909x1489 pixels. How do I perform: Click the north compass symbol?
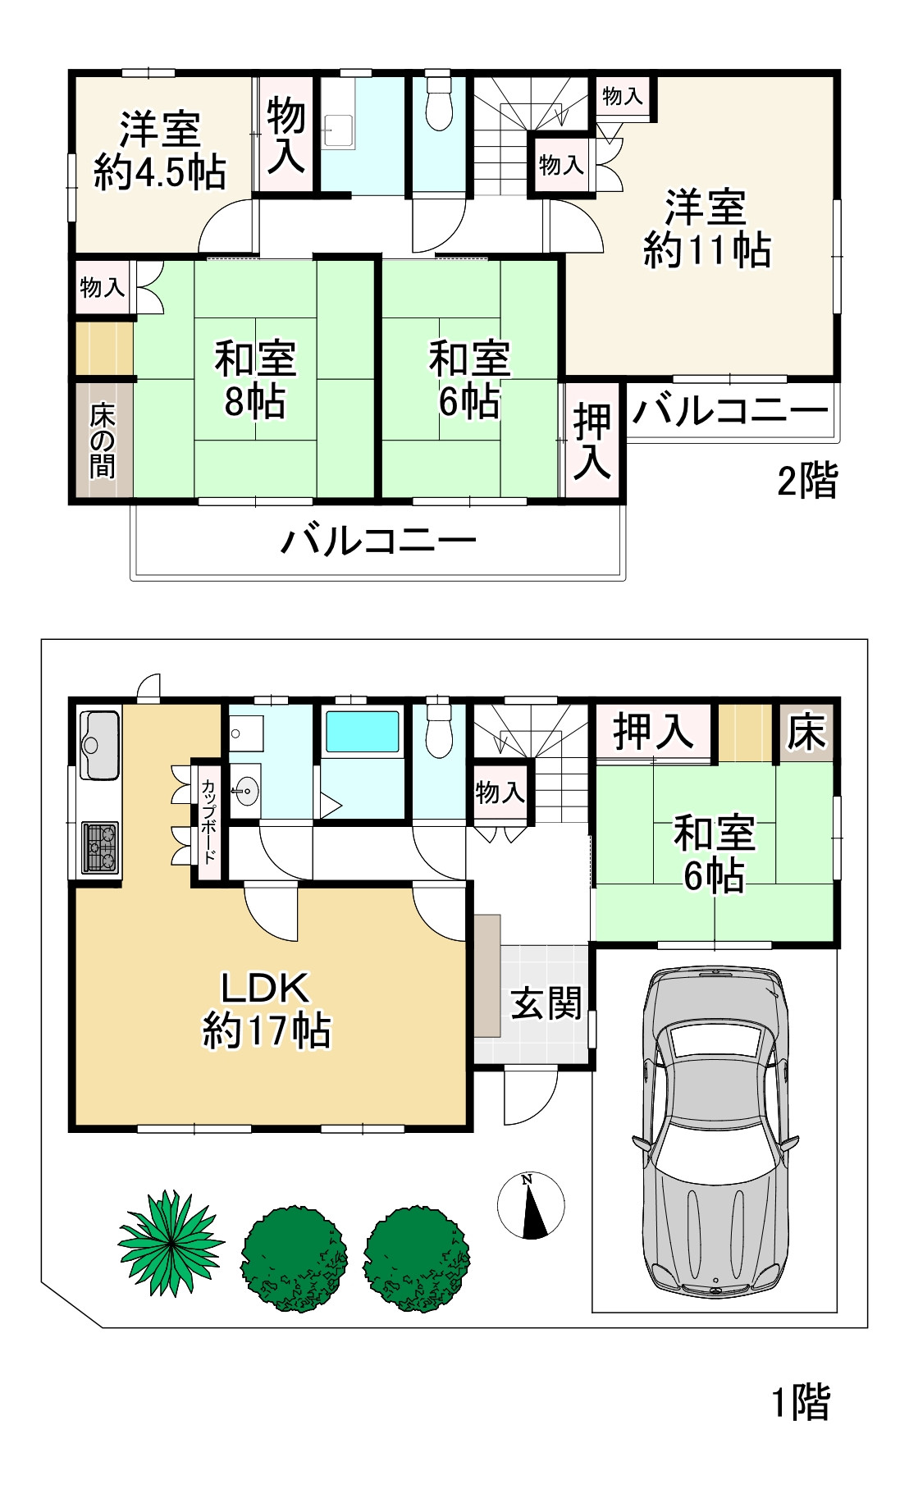[532, 1205]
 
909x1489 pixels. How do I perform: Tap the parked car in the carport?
[715, 1131]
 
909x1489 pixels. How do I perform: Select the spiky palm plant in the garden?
[171, 1244]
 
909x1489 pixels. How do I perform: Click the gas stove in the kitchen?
[100, 847]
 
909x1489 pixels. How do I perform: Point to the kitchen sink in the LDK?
[100, 745]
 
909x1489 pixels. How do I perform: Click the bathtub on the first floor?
[363, 732]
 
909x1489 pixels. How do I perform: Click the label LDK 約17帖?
[267, 1009]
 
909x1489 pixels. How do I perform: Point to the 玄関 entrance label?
[546, 1003]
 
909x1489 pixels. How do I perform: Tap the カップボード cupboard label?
[208, 821]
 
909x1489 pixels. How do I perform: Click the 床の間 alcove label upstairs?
[103, 441]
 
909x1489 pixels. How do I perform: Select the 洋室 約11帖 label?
[706, 228]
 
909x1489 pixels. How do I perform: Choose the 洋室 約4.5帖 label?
[160, 151]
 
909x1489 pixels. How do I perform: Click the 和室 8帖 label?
[255, 380]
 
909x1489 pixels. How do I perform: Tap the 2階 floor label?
[807, 480]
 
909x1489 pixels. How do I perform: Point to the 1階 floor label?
[802, 1402]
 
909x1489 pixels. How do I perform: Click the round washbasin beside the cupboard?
[244, 792]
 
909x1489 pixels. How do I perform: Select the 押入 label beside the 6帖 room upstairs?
[592, 442]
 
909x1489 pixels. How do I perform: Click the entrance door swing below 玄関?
[530, 1097]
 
